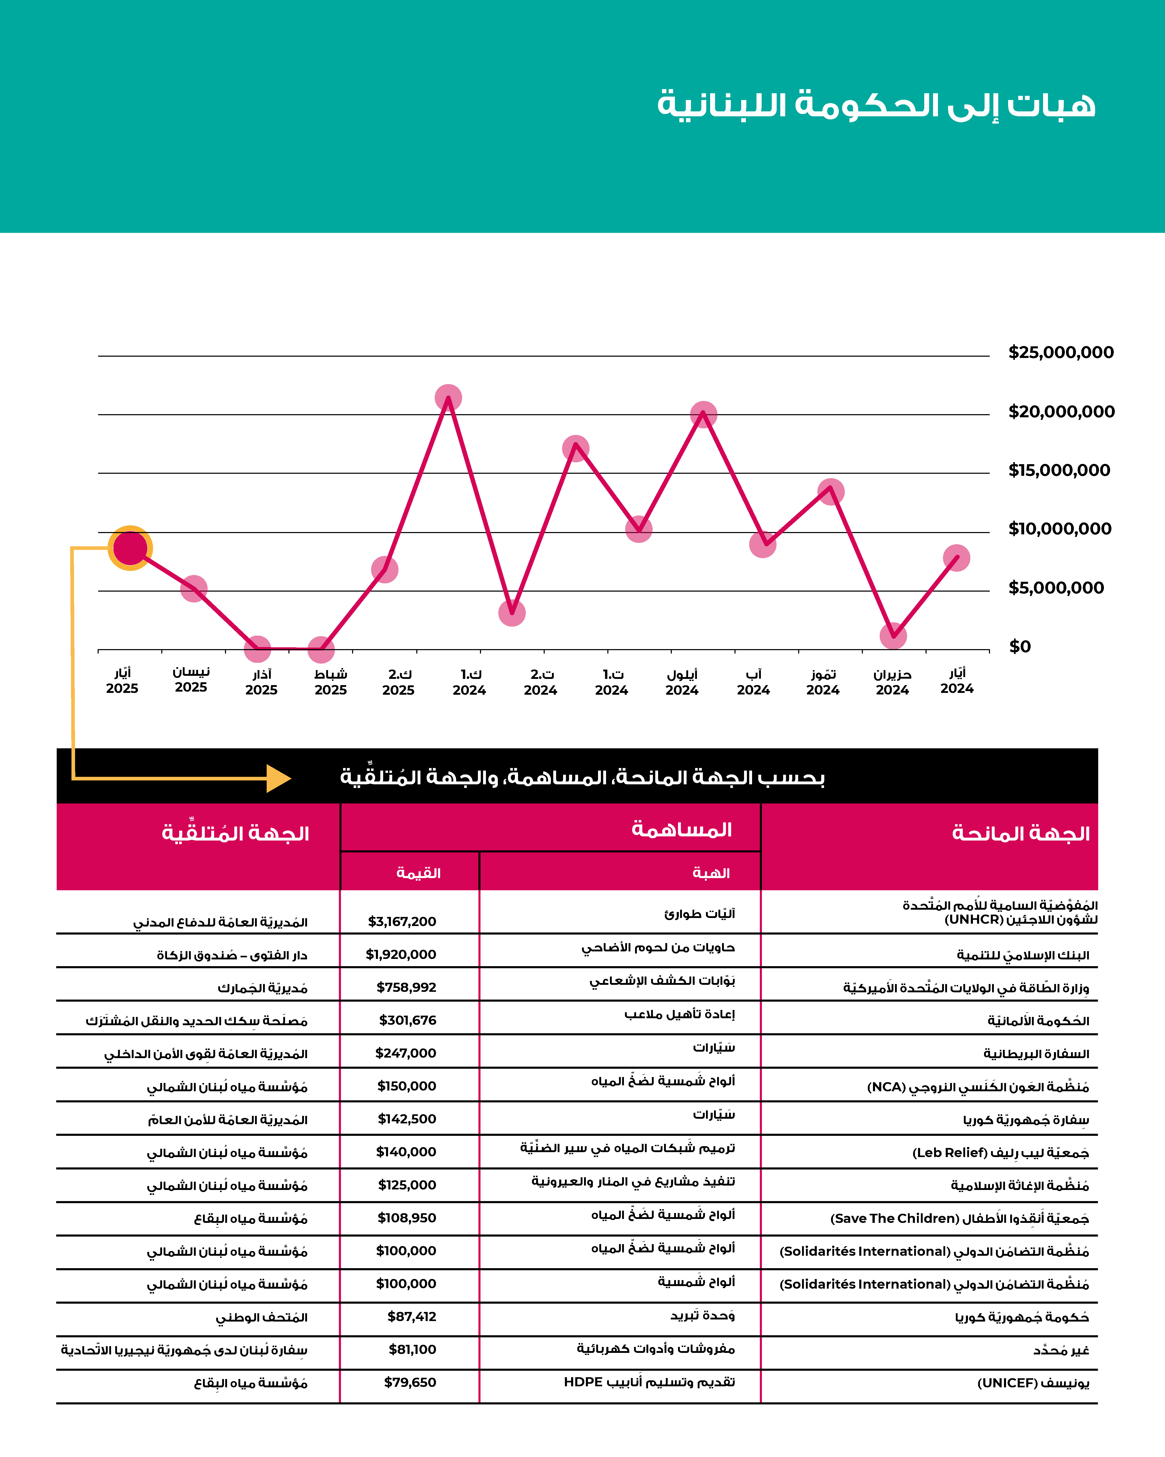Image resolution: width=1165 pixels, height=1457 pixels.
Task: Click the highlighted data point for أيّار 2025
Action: [130, 548]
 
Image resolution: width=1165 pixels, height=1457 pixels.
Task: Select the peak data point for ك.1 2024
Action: [448, 398]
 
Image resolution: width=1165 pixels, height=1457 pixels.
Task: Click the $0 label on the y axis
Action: [1020, 647]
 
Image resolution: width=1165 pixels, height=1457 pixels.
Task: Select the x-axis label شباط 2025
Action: [331, 682]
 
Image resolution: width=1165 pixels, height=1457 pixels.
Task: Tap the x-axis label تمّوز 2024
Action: [822, 682]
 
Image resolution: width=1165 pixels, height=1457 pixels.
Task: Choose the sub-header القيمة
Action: [418, 873]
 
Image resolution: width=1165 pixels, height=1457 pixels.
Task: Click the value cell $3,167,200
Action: [402, 922]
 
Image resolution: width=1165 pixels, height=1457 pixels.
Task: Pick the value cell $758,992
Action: [406, 987]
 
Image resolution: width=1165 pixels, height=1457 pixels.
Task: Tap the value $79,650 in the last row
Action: [410, 1383]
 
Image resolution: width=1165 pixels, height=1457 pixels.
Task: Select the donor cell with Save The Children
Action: [959, 1218]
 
